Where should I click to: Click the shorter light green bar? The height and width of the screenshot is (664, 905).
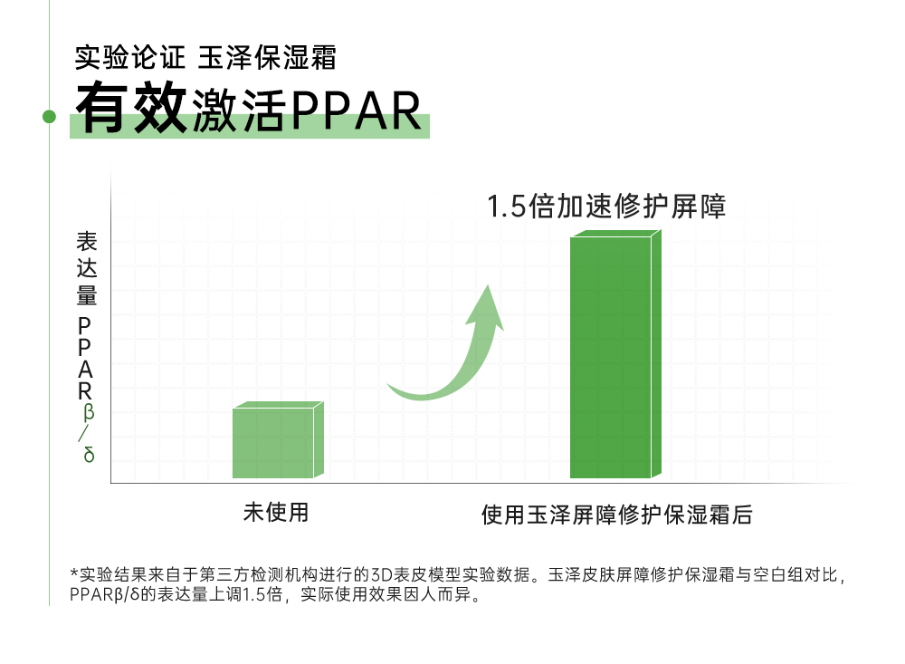(278, 439)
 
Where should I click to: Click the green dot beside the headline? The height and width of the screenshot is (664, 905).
(50, 117)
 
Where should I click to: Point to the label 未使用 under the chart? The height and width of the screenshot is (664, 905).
(276, 512)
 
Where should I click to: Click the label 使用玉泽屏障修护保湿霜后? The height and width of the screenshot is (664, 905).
(616, 515)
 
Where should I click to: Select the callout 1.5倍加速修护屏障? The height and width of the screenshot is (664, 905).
(606, 207)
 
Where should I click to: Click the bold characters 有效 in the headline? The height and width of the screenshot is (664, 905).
(131, 107)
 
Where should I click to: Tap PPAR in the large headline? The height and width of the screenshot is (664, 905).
(356, 110)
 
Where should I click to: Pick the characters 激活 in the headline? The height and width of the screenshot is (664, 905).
(238, 110)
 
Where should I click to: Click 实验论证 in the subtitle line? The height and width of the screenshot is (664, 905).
(129, 57)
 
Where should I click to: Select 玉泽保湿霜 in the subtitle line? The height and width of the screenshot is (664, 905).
(267, 57)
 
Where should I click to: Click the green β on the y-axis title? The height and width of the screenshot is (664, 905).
(88, 412)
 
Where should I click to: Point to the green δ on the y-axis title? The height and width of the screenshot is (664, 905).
(89, 455)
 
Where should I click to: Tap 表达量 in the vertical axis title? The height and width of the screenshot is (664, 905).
(87, 268)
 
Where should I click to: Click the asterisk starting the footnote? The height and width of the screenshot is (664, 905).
(74, 573)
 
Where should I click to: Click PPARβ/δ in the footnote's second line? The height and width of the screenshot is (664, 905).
(105, 594)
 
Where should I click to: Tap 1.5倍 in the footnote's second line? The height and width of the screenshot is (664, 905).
(262, 594)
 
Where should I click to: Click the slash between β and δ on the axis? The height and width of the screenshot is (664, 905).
(84, 433)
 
